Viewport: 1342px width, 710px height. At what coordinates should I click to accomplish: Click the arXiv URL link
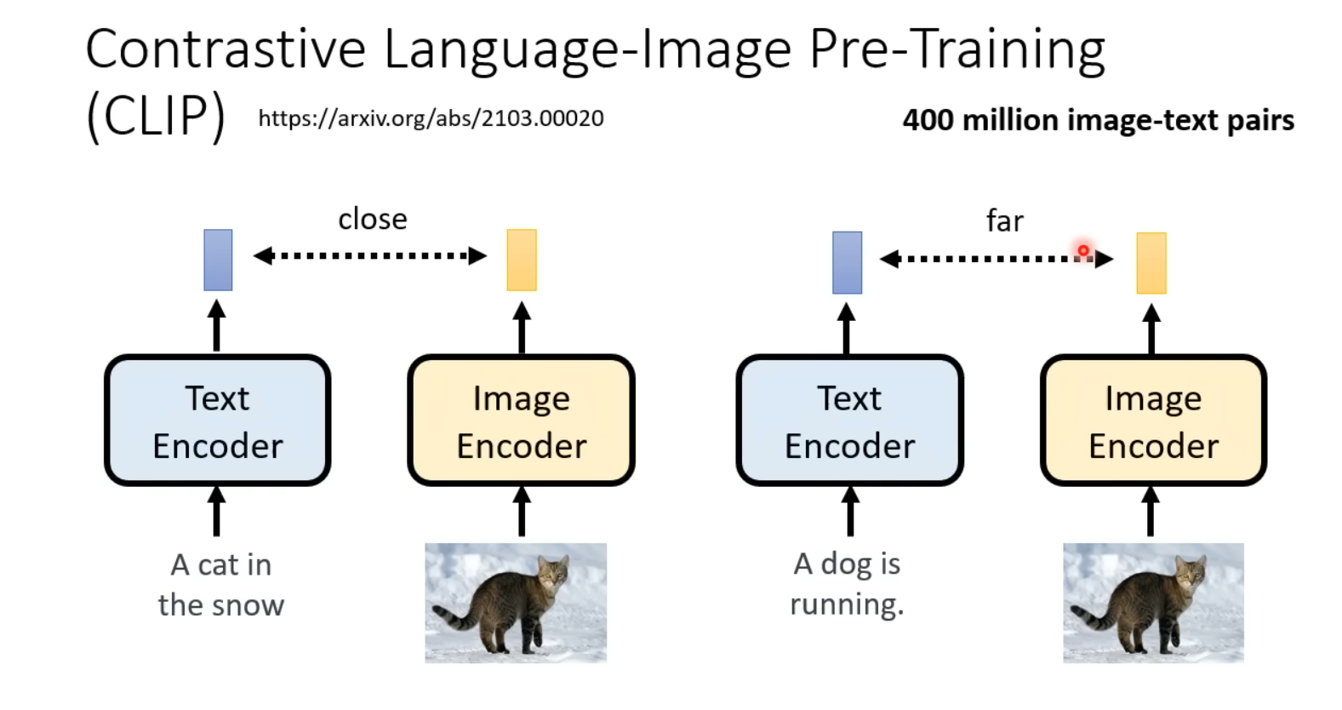(431, 118)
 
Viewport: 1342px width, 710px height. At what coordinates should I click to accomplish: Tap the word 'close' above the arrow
(373, 220)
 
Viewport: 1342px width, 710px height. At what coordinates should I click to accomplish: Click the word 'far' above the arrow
(1004, 221)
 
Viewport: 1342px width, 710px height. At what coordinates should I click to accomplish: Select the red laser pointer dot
(1083, 250)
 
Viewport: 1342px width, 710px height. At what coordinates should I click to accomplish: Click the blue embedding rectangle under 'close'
(218, 260)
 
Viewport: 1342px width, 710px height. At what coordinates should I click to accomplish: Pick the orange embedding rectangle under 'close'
(522, 260)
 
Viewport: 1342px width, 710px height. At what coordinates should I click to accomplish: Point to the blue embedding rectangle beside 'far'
(847, 262)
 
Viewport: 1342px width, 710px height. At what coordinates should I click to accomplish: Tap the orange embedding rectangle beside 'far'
(1151, 263)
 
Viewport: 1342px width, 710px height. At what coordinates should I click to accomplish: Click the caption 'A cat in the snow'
(221, 585)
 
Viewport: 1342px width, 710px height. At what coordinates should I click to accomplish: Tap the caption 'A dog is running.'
(847, 584)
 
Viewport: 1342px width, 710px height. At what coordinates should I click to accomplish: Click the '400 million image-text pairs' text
(1098, 120)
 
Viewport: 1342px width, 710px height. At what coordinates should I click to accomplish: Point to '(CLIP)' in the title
(156, 117)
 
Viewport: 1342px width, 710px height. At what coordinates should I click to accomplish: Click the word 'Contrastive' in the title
(226, 49)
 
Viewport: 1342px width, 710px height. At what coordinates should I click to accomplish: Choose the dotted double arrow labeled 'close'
(370, 255)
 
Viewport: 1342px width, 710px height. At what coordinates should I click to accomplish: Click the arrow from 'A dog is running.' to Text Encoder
(849, 511)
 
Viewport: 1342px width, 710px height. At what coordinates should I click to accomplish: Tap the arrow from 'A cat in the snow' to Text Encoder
(217, 511)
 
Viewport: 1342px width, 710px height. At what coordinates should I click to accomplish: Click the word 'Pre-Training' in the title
(957, 49)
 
